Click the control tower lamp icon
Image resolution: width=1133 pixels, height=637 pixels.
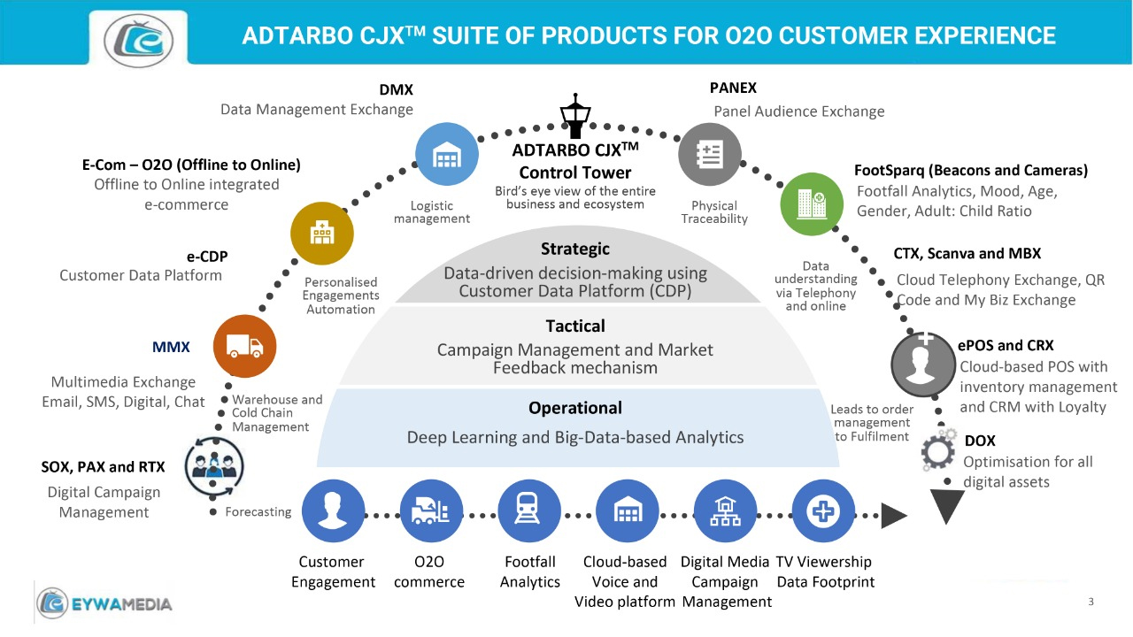[x=576, y=116]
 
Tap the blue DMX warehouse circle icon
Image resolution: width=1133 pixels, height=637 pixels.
[x=446, y=154]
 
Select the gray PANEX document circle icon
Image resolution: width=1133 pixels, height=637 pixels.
[x=709, y=154]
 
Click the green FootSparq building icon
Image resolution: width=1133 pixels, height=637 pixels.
[x=811, y=203]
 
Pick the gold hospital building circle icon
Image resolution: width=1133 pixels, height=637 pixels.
[x=322, y=233]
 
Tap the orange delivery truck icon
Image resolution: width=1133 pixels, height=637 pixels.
[x=244, y=346]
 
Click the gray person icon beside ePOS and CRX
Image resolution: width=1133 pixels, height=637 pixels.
[x=924, y=366]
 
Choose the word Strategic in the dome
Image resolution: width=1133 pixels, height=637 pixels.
[x=575, y=249]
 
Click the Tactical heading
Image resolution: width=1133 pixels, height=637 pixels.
[x=575, y=326]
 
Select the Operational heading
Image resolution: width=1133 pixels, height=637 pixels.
[x=575, y=408]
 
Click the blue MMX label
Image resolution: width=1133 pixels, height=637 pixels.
[x=171, y=347]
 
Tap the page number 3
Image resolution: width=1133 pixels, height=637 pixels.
[x=1091, y=602]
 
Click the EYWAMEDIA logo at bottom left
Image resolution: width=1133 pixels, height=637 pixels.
[x=104, y=603]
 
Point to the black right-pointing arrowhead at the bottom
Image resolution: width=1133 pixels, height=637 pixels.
[x=895, y=514]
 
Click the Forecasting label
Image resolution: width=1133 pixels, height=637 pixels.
[x=258, y=511]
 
